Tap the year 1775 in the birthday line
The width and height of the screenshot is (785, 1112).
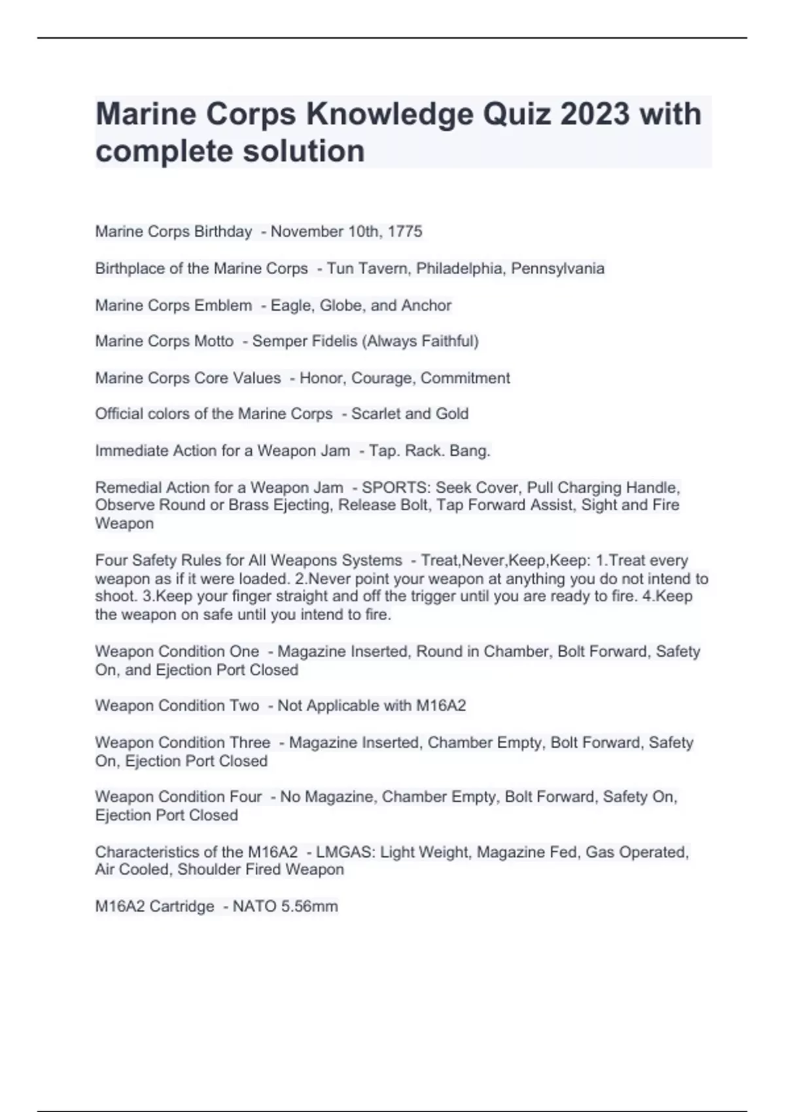tap(405, 232)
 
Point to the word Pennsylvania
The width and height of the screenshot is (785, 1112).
tap(557, 269)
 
